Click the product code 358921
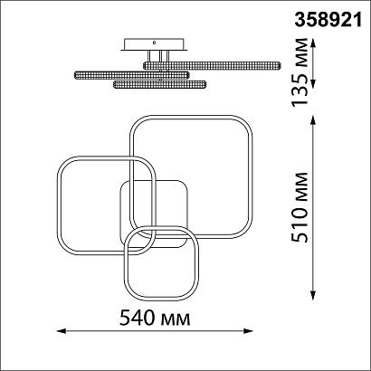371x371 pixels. tap(328, 21)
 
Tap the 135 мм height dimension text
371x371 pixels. tap(300, 72)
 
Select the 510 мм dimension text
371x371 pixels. tap(300, 207)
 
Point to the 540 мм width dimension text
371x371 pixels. tap(155, 318)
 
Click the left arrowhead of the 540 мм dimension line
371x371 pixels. tap(62, 331)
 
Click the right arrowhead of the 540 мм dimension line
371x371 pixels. tap(248, 331)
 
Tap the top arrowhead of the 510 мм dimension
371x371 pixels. tap(313, 120)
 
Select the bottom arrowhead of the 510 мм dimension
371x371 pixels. tap(313, 296)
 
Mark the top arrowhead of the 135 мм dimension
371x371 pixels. tap(313, 43)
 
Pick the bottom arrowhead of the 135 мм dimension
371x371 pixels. tap(313, 84)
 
